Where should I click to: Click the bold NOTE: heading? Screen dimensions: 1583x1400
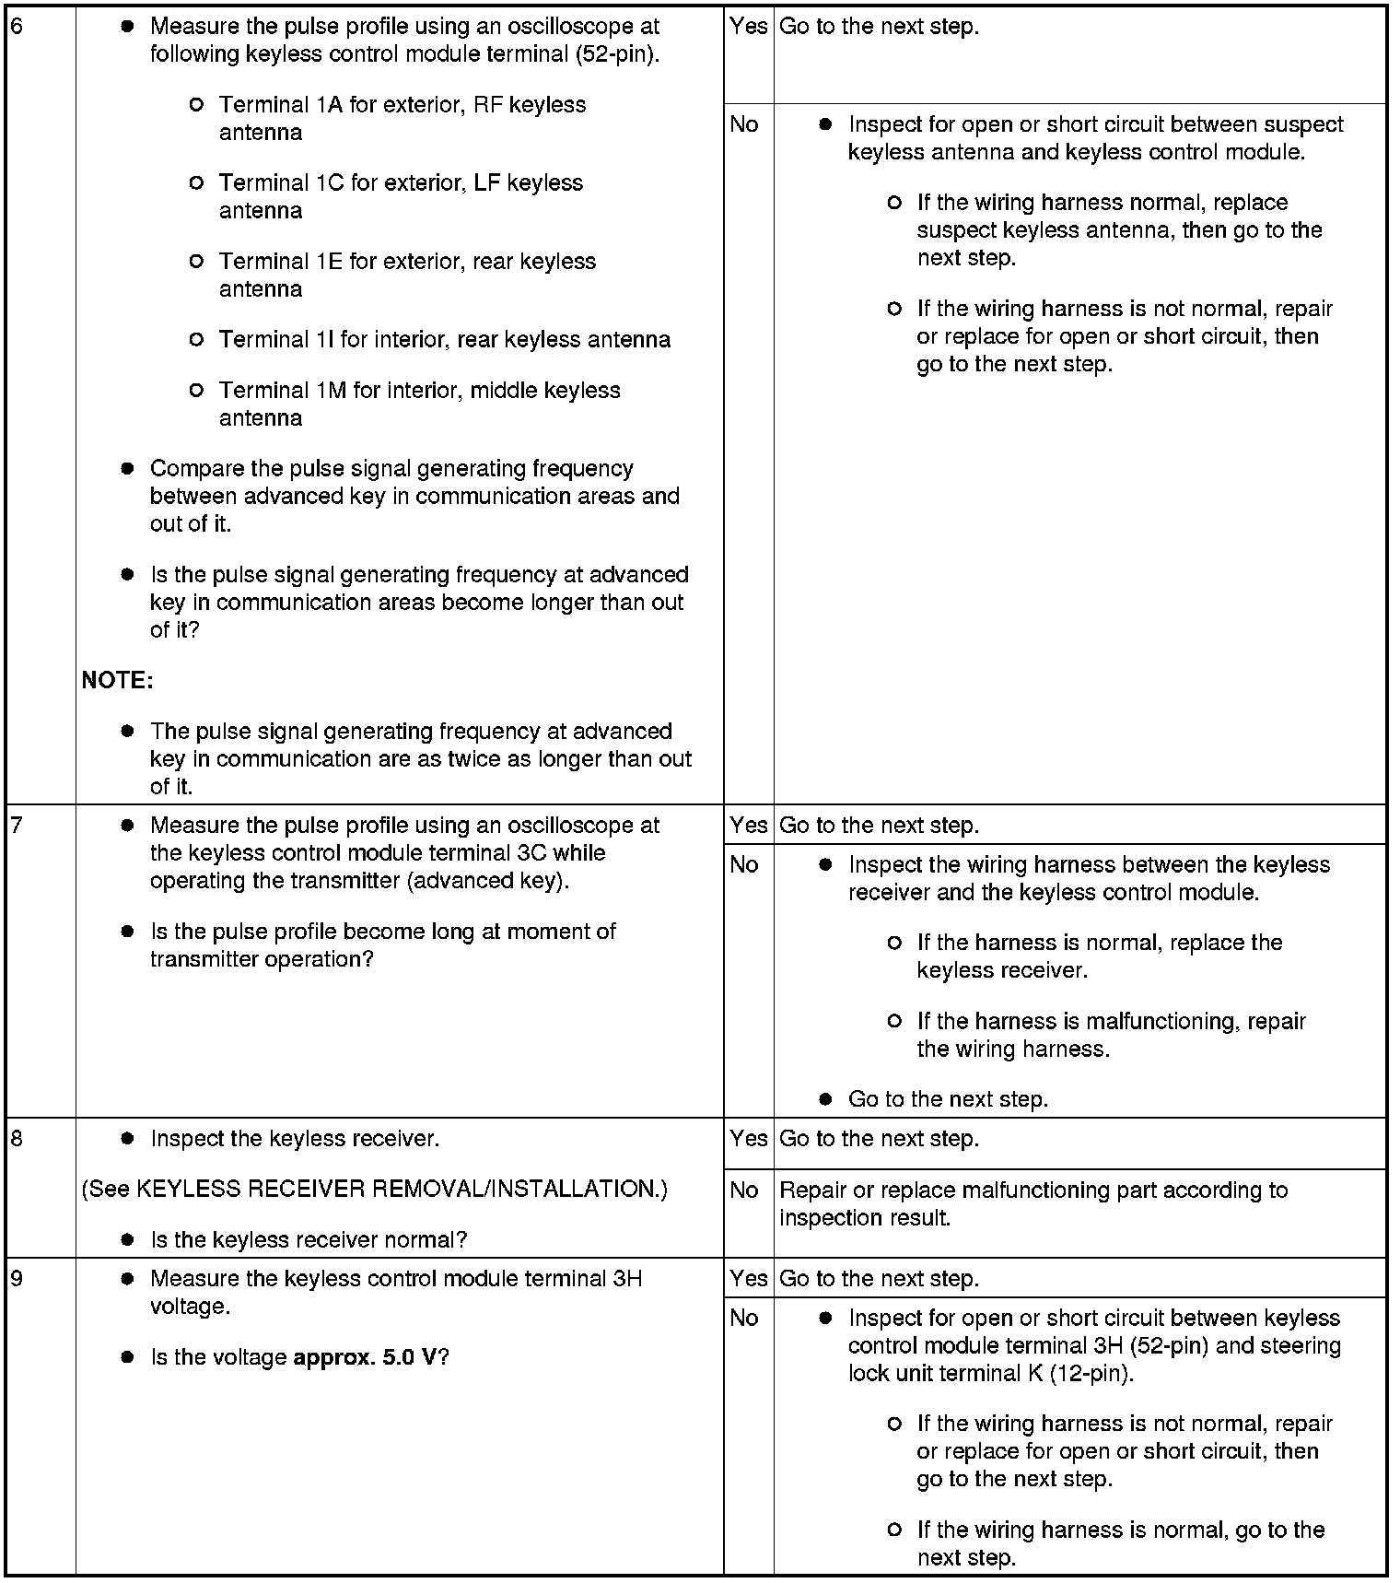pyautogui.click(x=117, y=680)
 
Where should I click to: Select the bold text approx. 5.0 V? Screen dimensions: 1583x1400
pyautogui.click(x=365, y=1357)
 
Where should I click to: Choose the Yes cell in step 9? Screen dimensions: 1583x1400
pyautogui.click(x=748, y=1278)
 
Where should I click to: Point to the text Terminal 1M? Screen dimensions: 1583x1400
pyautogui.click(x=282, y=391)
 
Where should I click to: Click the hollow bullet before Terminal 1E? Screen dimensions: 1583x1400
pyautogui.click(x=195, y=262)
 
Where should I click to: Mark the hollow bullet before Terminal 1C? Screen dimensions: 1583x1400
pyautogui.click(x=195, y=183)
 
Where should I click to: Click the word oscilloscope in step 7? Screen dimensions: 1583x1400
pyautogui.click(x=570, y=825)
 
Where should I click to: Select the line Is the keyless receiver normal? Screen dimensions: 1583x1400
pyautogui.click(x=309, y=1240)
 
